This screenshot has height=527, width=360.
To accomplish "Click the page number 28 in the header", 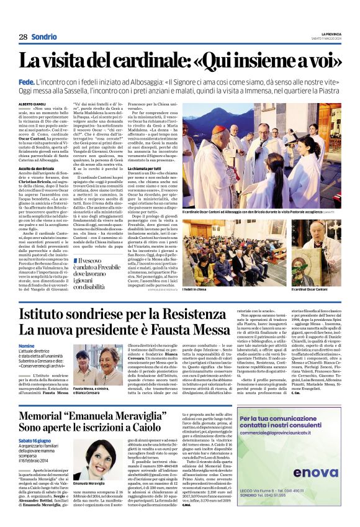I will (23, 37).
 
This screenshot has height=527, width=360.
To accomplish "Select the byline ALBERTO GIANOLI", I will (34, 104).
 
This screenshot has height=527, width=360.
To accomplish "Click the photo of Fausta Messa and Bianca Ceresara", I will (98, 365).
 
